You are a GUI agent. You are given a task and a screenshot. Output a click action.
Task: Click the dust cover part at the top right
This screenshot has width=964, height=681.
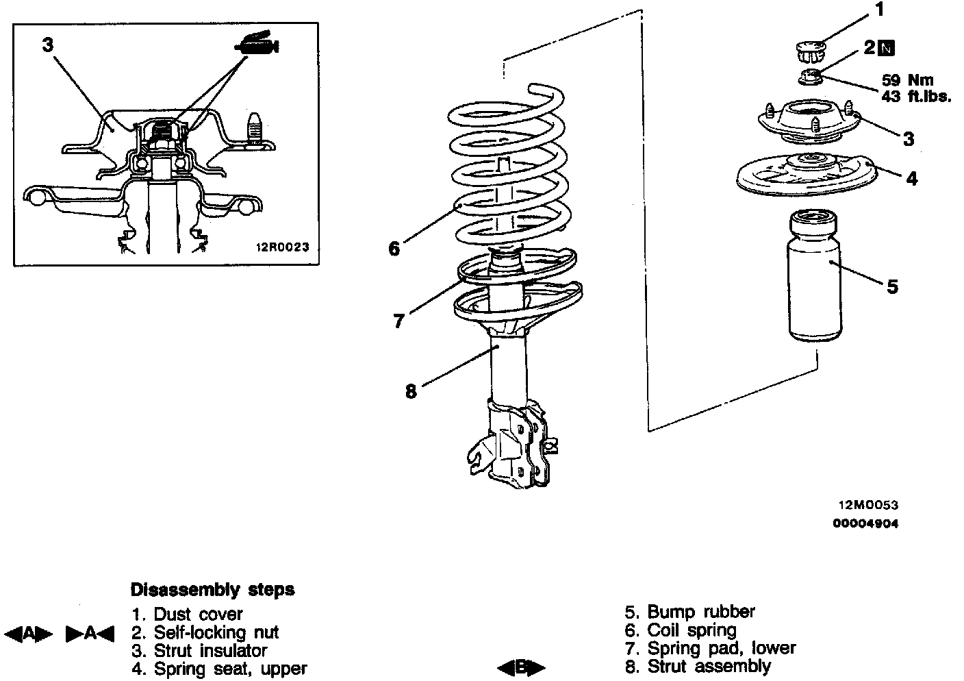(x=812, y=49)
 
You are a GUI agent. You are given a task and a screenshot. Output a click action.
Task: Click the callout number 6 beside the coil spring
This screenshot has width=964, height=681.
(x=394, y=249)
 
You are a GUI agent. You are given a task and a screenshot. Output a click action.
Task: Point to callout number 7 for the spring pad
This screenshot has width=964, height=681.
(x=399, y=321)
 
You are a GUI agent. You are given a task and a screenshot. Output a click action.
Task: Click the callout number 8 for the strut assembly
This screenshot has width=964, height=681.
(x=411, y=392)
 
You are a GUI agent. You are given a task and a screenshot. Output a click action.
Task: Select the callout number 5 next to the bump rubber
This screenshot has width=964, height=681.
(x=892, y=286)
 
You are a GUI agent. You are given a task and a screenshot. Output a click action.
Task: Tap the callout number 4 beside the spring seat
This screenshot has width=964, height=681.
(x=911, y=179)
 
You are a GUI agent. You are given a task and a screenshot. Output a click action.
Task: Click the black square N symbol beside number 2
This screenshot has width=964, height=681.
(x=887, y=48)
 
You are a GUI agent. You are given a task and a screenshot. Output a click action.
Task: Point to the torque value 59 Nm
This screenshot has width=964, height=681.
(x=907, y=80)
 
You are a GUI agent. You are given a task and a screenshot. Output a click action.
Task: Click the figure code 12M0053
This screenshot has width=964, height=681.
(x=868, y=506)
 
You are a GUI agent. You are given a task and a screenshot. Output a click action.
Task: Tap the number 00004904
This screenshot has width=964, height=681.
(x=865, y=524)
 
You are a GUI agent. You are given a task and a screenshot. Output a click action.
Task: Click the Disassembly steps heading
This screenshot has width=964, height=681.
(x=212, y=589)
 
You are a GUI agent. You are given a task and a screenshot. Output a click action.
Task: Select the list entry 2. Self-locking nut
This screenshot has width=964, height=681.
(x=205, y=632)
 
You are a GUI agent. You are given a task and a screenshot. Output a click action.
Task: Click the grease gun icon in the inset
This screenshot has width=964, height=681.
(x=256, y=43)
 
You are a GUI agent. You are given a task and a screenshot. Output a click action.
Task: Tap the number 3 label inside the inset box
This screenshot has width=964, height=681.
(x=47, y=45)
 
